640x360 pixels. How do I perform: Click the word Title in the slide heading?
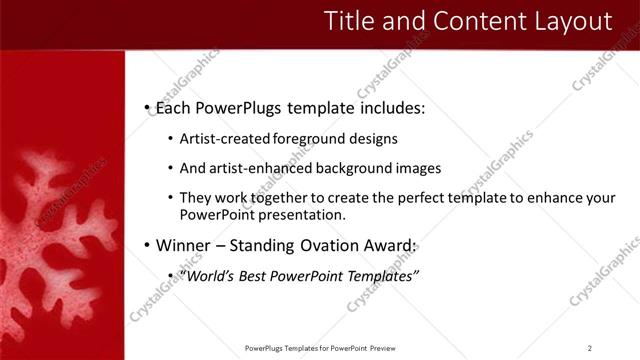(352, 21)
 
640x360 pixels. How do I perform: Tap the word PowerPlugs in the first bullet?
(238, 107)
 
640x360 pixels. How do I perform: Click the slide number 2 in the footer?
(589, 348)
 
